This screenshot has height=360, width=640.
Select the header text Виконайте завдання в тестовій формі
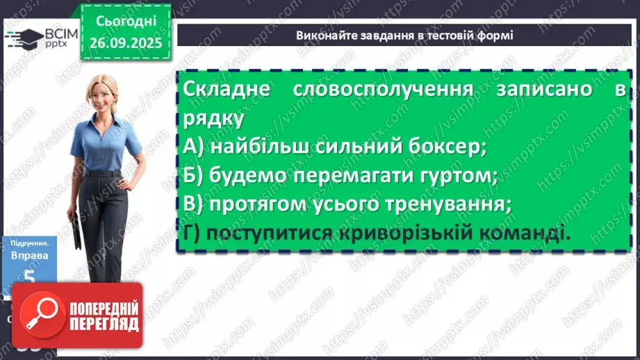click(404, 35)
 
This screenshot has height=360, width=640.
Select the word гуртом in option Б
click(454, 176)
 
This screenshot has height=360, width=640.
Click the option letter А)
click(194, 147)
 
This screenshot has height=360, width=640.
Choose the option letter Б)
click(194, 176)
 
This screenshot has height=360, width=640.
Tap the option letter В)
click(194, 205)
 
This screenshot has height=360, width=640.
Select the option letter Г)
click(193, 234)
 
